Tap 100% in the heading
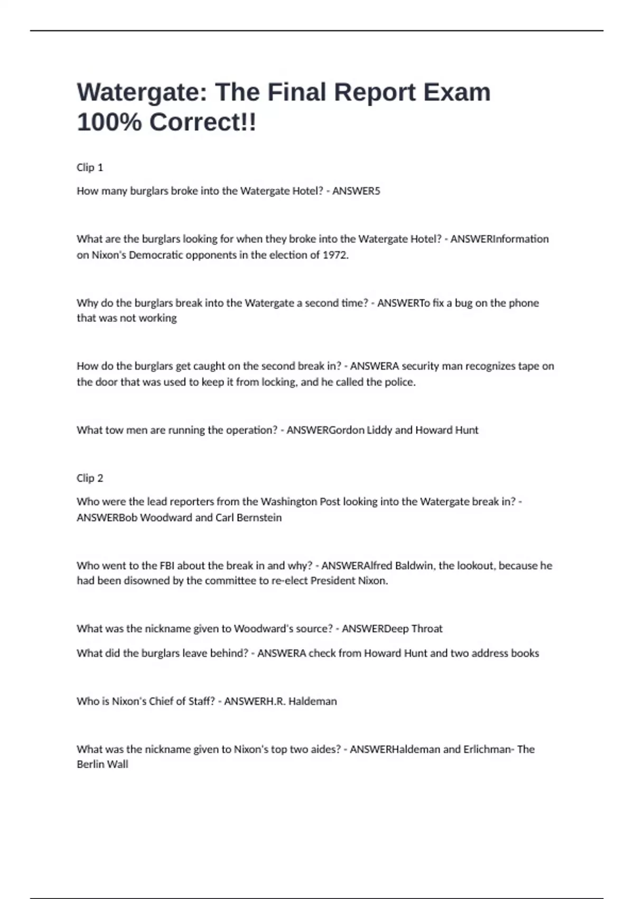pos(109,122)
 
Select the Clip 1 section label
pos(90,168)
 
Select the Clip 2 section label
pos(90,478)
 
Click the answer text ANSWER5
pos(356,191)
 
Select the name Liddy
pos(379,430)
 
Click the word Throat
pos(427,629)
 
